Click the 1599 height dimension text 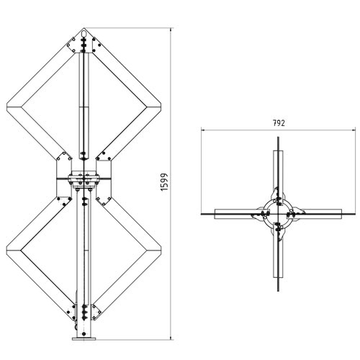[x=164, y=183]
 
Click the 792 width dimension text [x=279, y=123]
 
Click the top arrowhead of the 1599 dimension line [x=171, y=31]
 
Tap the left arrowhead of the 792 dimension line [x=204, y=130]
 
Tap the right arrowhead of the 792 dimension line [x=354, y=130]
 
